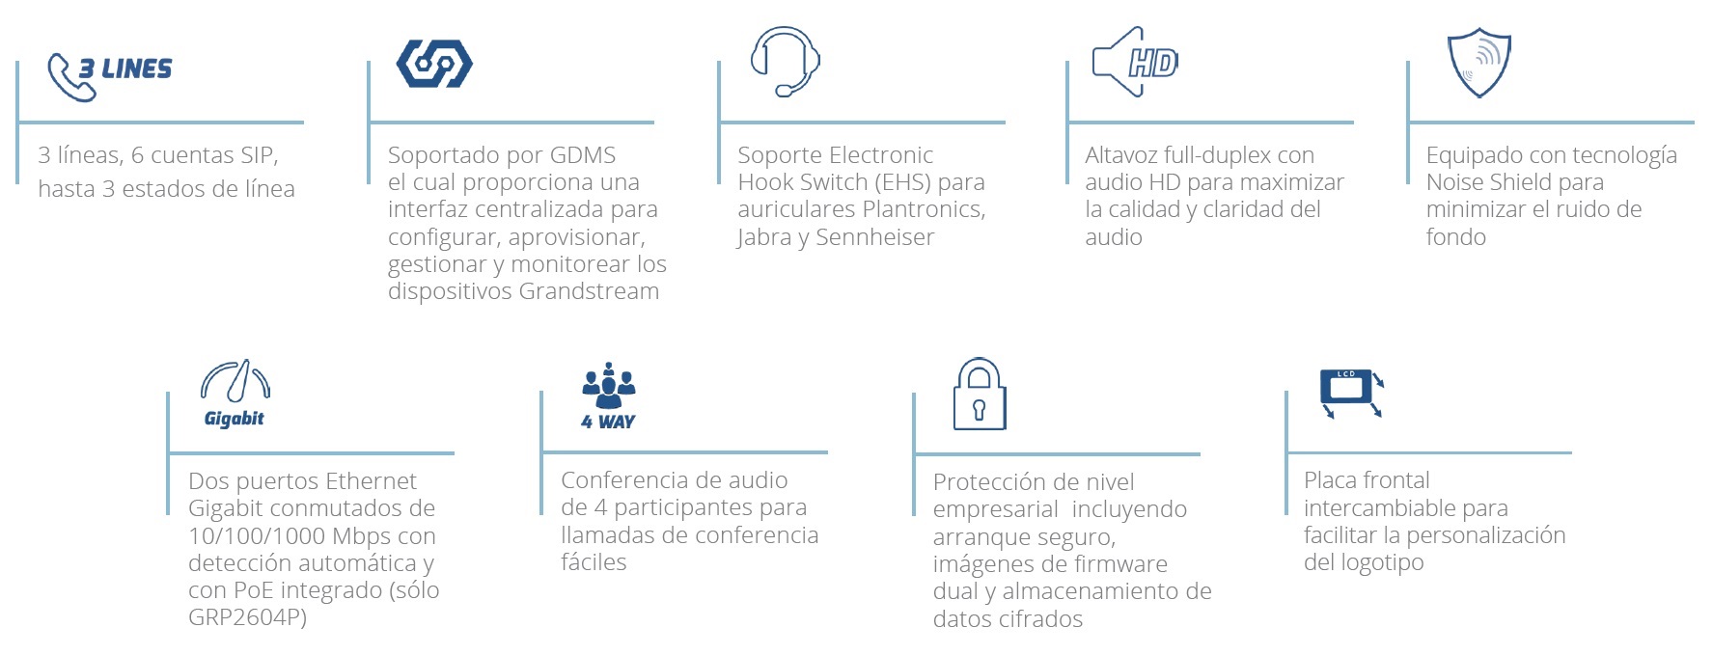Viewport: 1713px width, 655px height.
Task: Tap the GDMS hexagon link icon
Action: (x=434, y=65)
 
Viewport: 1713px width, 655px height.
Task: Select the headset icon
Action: (x=785, y=61)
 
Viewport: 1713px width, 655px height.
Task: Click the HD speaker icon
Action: (x=1134, y=63)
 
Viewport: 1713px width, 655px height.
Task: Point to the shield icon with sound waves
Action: (x=1478, y=64)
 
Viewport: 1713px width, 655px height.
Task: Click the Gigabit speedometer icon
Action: (x=235, y=381)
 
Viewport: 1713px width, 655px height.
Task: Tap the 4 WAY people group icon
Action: (x=609, y=385)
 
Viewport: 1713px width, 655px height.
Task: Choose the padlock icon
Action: (x=980, y=395)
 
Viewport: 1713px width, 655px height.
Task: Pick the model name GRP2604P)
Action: (x=247, y=617)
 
